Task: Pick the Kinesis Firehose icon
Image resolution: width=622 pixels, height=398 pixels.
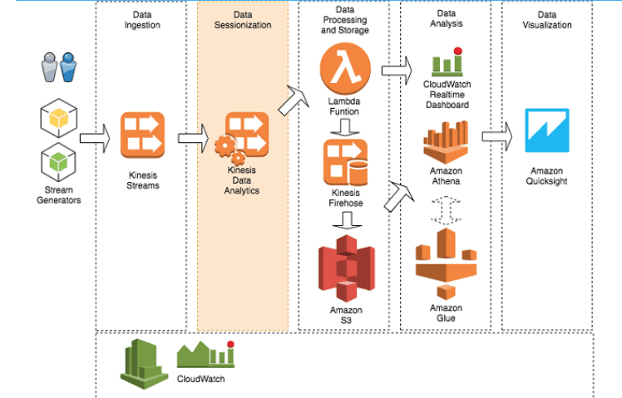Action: [x=345, y=161]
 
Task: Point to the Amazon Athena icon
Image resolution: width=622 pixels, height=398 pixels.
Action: [x=446, y=144]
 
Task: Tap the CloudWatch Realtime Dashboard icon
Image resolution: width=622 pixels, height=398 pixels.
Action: [x=446, y=63]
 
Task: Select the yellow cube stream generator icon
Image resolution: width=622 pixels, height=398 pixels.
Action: [x=58, y=121]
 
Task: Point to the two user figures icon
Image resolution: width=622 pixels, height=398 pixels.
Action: [x=58, y=69]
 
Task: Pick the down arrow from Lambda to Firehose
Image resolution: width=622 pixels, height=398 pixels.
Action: [x=345, y=125]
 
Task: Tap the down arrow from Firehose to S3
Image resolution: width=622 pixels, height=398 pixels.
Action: [x=345, y=219]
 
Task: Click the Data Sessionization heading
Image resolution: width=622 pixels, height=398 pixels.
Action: [x=241, y=20]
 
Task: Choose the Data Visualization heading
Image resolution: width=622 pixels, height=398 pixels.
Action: [x=546, y=20]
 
